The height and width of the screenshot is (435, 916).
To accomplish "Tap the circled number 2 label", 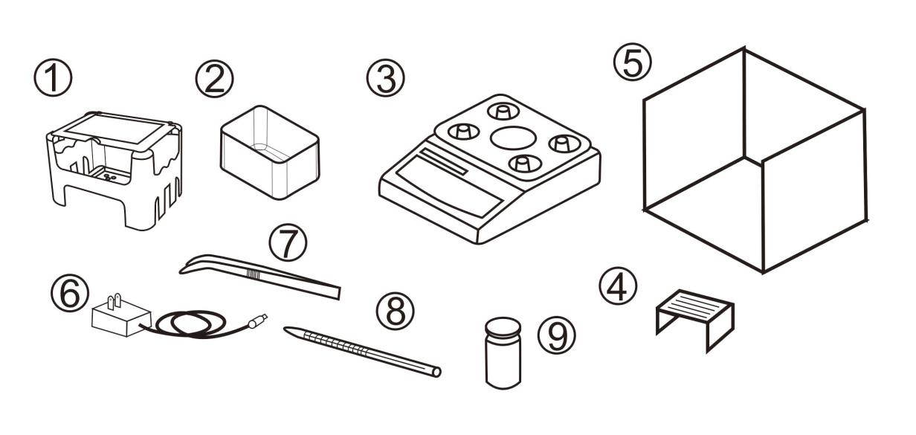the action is pyautogui.click(x=214, y=79).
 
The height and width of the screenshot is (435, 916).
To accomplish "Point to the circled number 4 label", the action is pyautogui.click(x=618, y=286).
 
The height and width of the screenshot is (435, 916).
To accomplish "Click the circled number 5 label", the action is pyautogui.click(x=633, y=62).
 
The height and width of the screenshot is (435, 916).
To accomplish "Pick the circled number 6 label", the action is pyautogui.click(x=70, y=292).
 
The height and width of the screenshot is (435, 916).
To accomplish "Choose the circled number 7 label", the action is pyautogui.click(x=288, y=242).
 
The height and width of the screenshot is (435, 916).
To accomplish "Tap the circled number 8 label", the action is pyautogui.click(x=395, y=311).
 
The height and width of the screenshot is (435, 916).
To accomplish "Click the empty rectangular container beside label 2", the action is pyautogui.click(x=270, y=152).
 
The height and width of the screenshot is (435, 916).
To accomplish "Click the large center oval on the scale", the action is pyautogui.click(x=513, y=138).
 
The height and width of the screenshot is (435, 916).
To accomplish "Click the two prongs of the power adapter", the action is pyautogui.click(x=113, y=301).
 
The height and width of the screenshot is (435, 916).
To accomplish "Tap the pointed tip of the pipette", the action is pyautogui.click(x=288, y=329).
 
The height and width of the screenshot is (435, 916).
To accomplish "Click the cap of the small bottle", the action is pyautogui.click(x=503, y=327).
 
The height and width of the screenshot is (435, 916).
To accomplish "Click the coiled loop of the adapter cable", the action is pyautogui.click(x=190, y=324).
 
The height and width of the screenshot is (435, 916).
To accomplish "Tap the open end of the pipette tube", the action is pyautogui.click(x=436, y=372).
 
